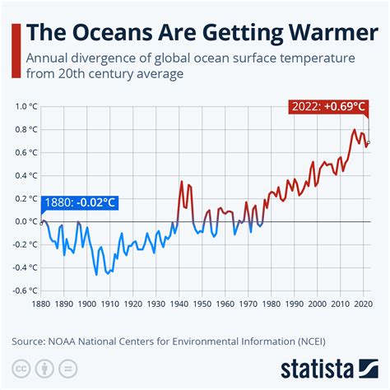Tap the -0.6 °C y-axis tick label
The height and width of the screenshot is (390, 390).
click(x=24, y=290)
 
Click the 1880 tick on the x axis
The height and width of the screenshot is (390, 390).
click(x=40, y=304)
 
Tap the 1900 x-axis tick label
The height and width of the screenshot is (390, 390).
click(x=87, y=304)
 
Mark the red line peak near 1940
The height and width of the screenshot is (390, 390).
click(x=181, y=182)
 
